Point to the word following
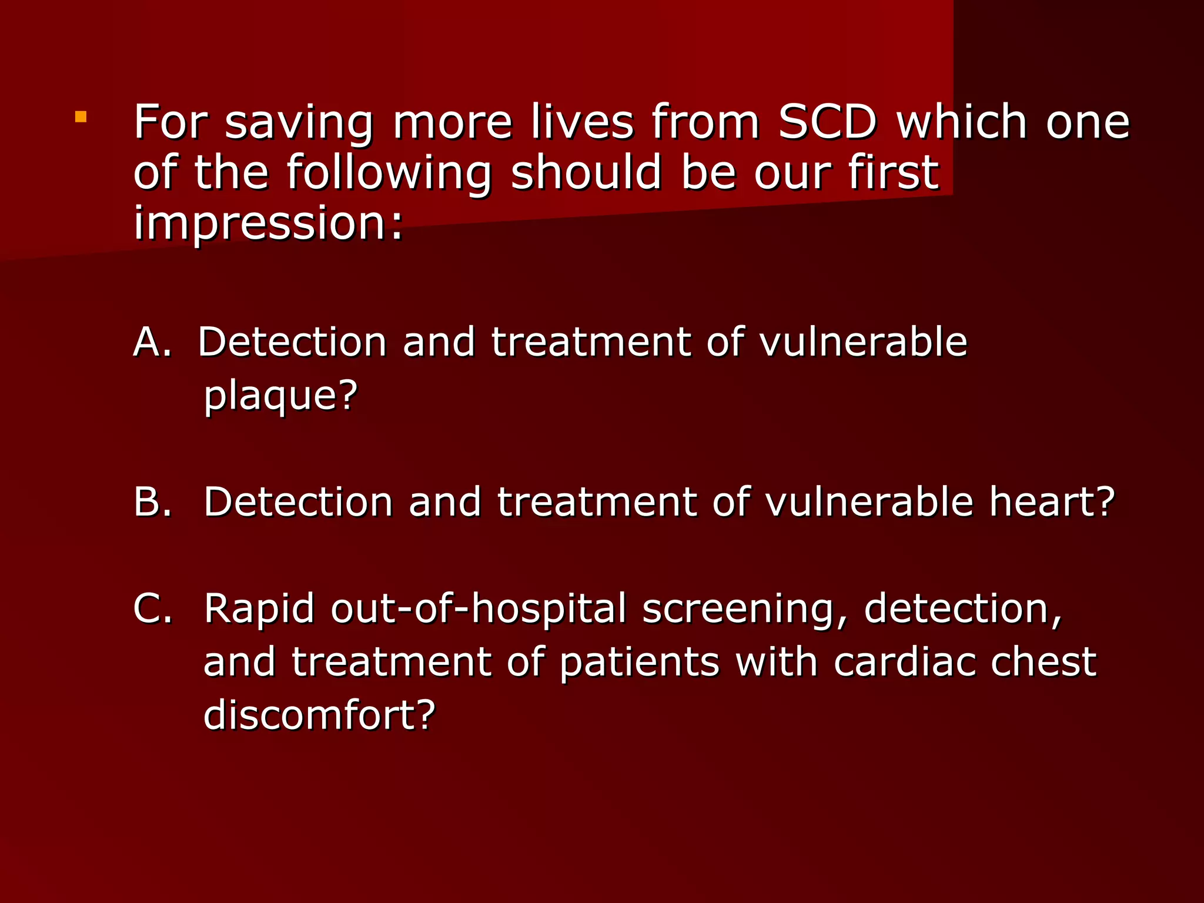(389, 174)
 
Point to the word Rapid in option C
(259, 609)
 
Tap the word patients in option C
(639, 663)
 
